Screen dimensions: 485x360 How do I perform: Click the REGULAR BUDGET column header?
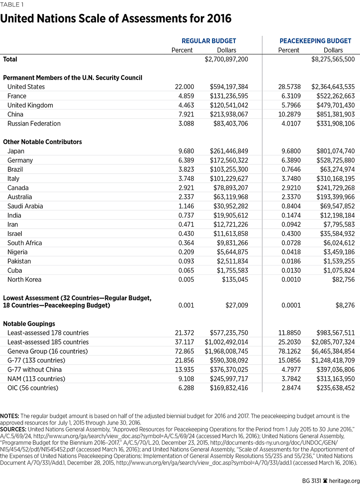(x=209, y=41)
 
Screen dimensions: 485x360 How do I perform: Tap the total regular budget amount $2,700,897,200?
(x=226, y=59)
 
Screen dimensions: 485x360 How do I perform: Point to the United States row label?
(x=26, y=87)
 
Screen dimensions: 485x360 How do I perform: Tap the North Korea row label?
(x=24, y=280)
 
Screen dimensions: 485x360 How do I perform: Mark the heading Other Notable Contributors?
(x=42, y=142)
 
